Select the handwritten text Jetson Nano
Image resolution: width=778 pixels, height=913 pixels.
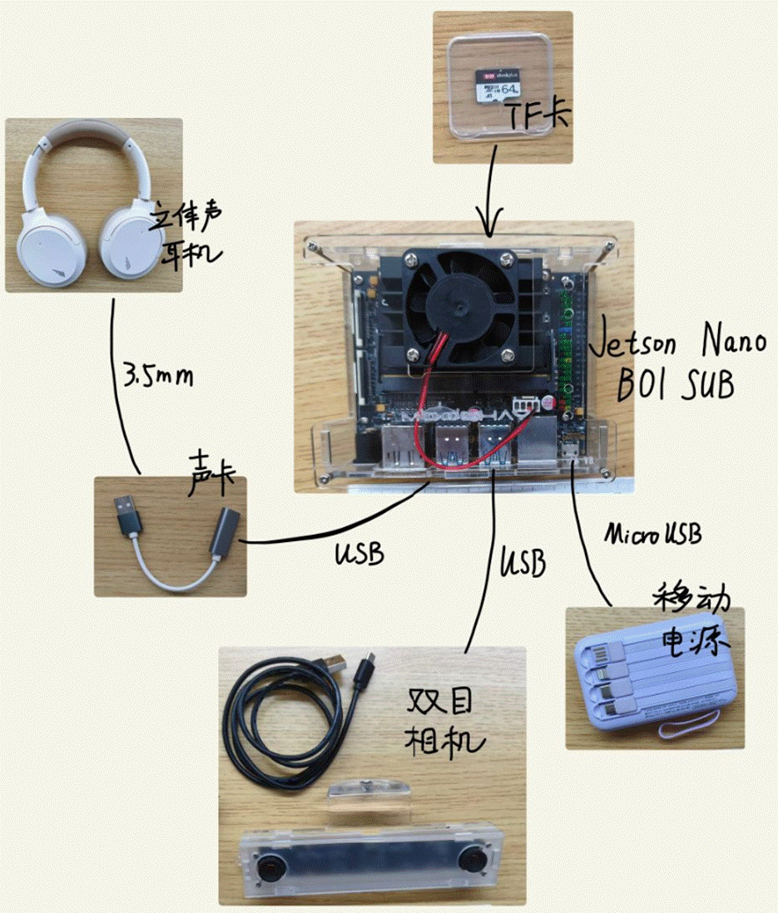(676, 343)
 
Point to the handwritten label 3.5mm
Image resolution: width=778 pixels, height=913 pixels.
(157, 377)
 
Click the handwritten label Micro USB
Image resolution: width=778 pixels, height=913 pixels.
(652, 534)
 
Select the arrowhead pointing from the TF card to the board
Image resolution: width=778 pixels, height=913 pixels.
(488, 223)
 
